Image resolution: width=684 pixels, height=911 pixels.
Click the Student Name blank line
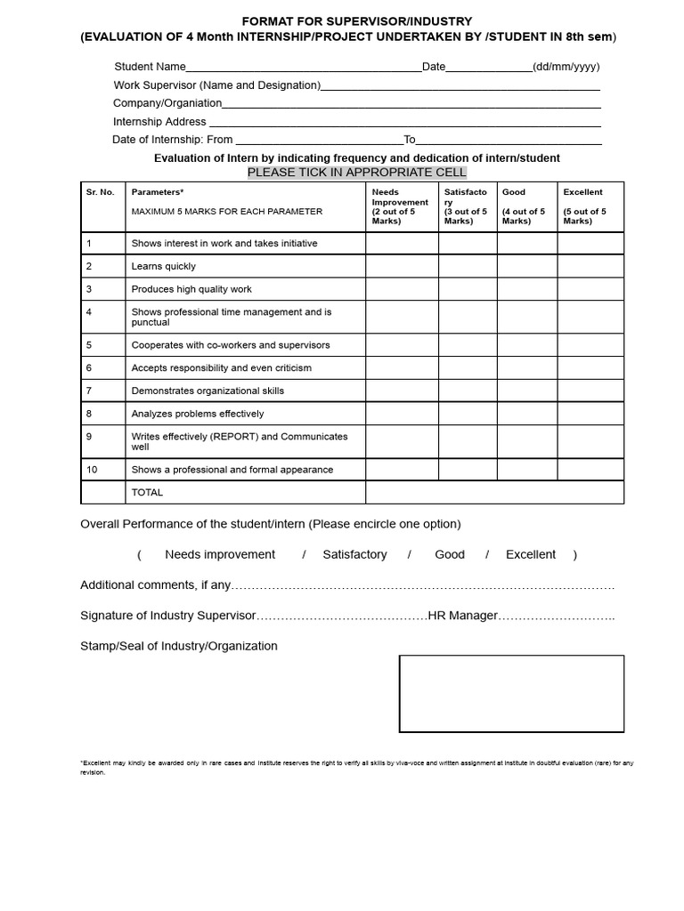[303, 68]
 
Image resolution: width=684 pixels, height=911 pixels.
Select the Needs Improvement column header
[400, 206]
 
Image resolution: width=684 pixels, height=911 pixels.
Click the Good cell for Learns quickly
[526, 266]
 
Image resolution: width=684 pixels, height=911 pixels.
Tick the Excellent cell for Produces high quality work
[590, 289]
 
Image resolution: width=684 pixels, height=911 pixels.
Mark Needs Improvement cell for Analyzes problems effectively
[402, 414]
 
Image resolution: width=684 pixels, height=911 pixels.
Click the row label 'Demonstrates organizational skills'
[210, 391]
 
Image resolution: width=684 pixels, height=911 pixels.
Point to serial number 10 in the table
[92, 470]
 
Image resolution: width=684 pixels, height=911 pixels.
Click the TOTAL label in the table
[148, 492]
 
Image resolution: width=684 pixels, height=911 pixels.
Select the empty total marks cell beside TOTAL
[494, 492]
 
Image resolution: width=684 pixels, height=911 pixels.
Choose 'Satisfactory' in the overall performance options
[354, 554]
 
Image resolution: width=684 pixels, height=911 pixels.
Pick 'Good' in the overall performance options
[450, 554]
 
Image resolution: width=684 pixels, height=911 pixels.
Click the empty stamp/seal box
[511, 694]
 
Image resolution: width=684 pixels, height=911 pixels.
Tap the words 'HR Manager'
[462, 616]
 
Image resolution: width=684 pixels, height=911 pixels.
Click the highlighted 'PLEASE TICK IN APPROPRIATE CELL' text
[356, 172]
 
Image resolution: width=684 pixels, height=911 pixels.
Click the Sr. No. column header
[100, 192]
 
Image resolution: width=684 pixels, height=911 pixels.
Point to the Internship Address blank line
[404, 122]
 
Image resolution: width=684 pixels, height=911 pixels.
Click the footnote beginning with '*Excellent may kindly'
[356, 767]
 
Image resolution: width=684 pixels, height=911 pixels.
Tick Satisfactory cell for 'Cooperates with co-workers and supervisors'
[468, 345]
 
